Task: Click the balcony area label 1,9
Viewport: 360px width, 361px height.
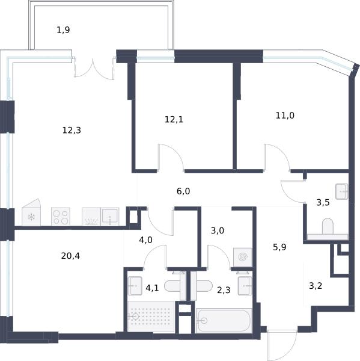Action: tap(63, 30)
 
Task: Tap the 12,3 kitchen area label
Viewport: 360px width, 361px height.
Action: tap(72, 131)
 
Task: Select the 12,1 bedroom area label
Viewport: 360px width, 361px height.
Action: tap(174, 119)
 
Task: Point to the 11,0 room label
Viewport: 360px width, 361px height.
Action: tap(285, 115)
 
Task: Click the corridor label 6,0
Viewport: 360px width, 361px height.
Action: tap(183, 191)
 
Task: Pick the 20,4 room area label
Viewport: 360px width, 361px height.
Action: tap(70, 256)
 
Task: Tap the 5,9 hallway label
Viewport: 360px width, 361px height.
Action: tap(279, 247)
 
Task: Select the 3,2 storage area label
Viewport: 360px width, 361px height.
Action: tap(316, 286)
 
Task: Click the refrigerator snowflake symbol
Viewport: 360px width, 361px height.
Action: tap(31, 217)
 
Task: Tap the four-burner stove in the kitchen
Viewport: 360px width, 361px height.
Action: tap(61, 217)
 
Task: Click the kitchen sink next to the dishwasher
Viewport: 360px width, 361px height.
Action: tap(110, 217)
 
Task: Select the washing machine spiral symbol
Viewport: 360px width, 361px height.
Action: tap(243, 257)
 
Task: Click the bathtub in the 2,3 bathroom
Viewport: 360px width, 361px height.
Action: tap(223, 321)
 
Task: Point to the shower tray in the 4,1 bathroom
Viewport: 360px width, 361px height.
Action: tap(151, 316)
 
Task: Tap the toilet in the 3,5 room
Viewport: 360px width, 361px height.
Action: tap(328, 226)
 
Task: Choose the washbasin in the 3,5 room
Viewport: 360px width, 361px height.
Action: tap(342, 191)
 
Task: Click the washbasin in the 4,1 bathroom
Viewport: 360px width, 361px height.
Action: tap(135, 286)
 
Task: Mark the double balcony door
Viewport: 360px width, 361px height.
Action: tap(94, 69)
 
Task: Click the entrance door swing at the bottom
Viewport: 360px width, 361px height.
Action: tap(282, 345)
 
